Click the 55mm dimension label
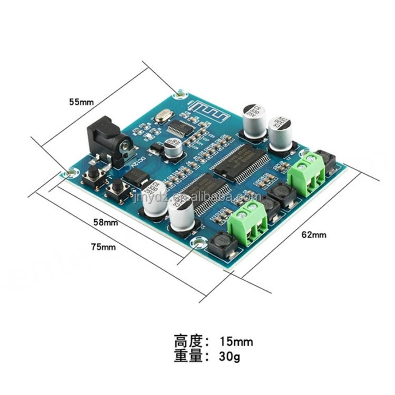click(x=81, y=101)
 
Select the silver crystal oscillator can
click(x=161, y=118)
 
